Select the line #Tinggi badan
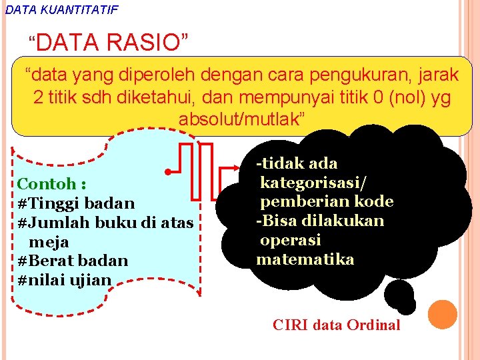coord(76,203)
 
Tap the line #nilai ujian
coord(65,279)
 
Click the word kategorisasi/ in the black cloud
coord(313,182)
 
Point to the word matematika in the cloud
coord(305,259)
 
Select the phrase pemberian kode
coord(326,201)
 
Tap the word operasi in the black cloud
coord(290,240)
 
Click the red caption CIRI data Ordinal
coord(336,325)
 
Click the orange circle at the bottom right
coord(442,315)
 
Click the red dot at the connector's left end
coord(168,172)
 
